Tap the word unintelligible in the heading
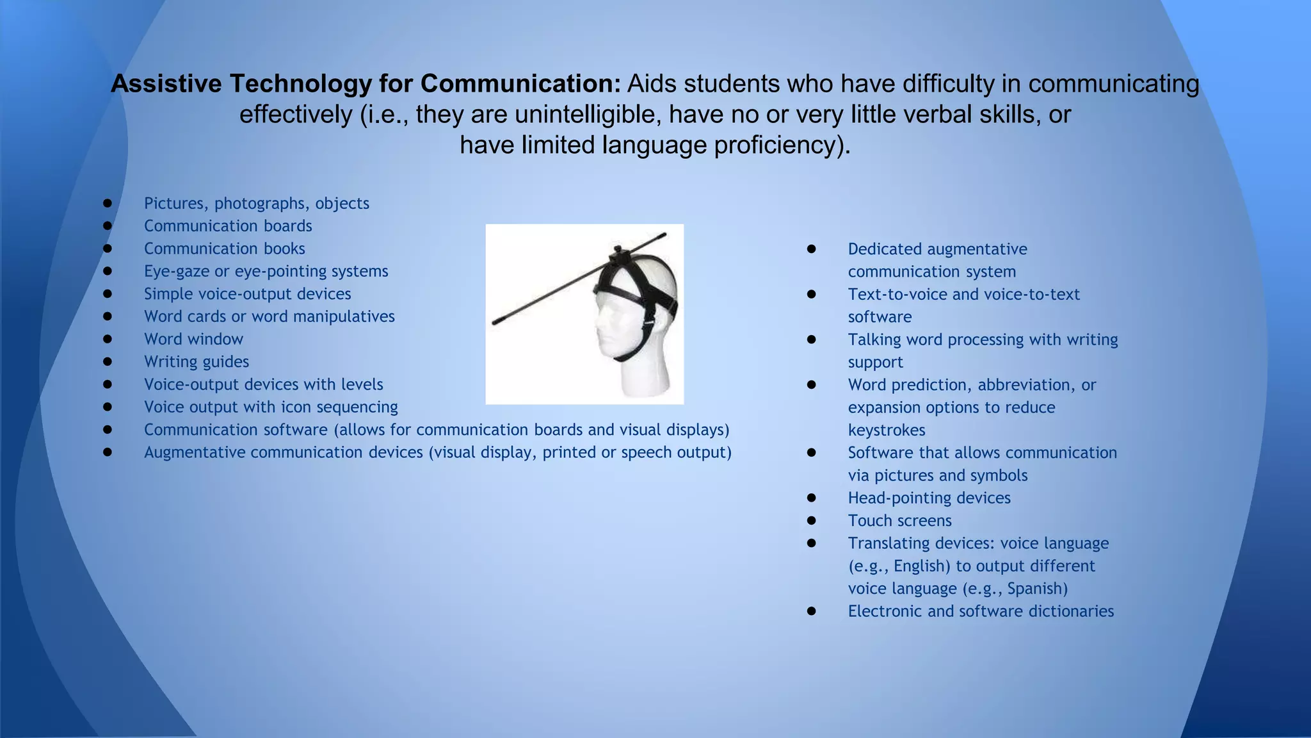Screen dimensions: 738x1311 pyautogui.click(x=588, y=115)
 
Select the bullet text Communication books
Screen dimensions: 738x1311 pyautogui.click(x=224, y=249)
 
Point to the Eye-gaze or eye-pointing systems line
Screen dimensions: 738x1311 pyautogui.click(x=266, y=271)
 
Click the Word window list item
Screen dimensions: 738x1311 pyautogui.click(x=193, y=339)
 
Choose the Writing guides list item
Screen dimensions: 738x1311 pyautogui.click(x=196, y=362)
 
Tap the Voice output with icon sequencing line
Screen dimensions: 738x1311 pyautogui.click(x=270, y=407)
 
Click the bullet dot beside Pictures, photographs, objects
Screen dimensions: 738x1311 pyautogui.click(x=108, y=203)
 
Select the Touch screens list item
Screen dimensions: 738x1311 pyautogui.click(x=899, y=521)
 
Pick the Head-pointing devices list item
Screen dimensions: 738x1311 pyautogui.click(x=929, y=498)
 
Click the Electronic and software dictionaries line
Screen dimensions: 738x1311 pyautogui.click(x=981, y=611)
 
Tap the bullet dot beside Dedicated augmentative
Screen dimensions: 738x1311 pyautogui.click(x=812, y=249)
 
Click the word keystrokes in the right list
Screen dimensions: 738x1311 pyautogui.click(x=887, y=430)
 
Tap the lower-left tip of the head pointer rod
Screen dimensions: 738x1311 pyautogui.click(x=495, y=322)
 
